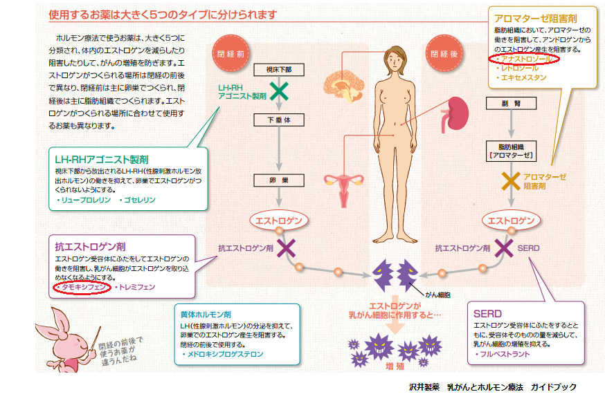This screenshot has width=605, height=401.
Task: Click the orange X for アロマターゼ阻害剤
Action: [510, 181]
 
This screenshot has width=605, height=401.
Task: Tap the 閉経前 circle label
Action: [231, 53]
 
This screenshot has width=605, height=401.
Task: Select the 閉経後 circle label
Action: [444, 53]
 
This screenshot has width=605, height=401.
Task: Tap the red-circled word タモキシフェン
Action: [82, 287]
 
